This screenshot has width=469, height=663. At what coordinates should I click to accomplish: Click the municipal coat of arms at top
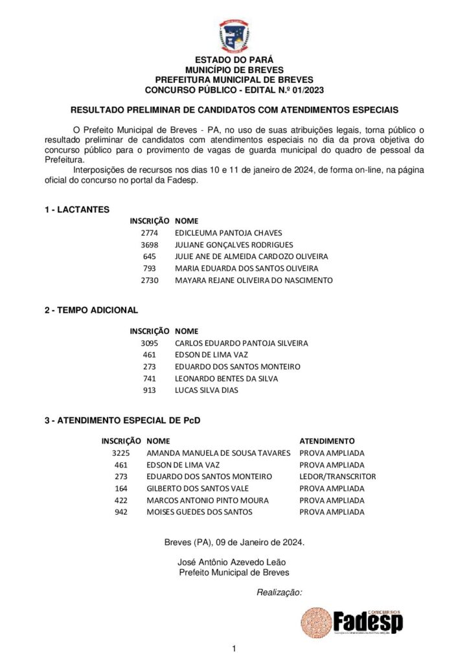pyautogui.click(x=234, y=36)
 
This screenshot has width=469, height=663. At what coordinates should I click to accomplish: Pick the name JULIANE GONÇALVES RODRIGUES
pyautogui.click(x=234, y=245)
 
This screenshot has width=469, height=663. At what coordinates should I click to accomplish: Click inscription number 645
pyautogui.click(x=150, y=256)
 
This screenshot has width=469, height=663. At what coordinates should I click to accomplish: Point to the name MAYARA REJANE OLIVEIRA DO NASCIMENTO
pyautogui.click(x=253, y=280)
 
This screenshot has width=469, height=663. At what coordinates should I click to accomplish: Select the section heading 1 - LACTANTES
pyautogui.click(x=77, y=209)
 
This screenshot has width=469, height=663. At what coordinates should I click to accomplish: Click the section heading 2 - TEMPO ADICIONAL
pyautogui.click(x=91, y=310)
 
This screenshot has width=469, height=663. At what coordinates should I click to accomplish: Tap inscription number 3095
pyautogui.click(x=149, y=343)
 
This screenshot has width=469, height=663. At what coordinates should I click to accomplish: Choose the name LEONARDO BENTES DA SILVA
pyautogui.click(x=226, y=379)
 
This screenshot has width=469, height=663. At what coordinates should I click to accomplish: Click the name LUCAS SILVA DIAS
pyautogui.click(x=207, y=390)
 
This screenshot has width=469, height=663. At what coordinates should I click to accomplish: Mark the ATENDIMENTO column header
pyautogui.click(x=326, y=441)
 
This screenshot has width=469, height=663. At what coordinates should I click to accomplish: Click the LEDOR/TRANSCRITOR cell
pyautogui.click(x=337, y=477)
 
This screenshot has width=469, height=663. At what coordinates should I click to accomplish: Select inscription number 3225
pyautogui.click(x=121, y=453)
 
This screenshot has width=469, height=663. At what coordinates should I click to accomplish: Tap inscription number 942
pyautogui.click(x=121, y=512)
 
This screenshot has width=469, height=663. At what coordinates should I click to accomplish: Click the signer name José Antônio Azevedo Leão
pyautogui.click(x=231, y=562)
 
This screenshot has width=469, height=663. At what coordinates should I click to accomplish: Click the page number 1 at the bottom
pyautogui.click(x=234, y=648)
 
